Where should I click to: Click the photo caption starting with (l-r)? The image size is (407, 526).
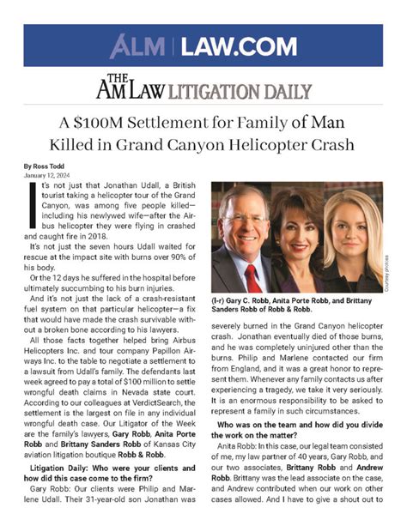tap(292, 310)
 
